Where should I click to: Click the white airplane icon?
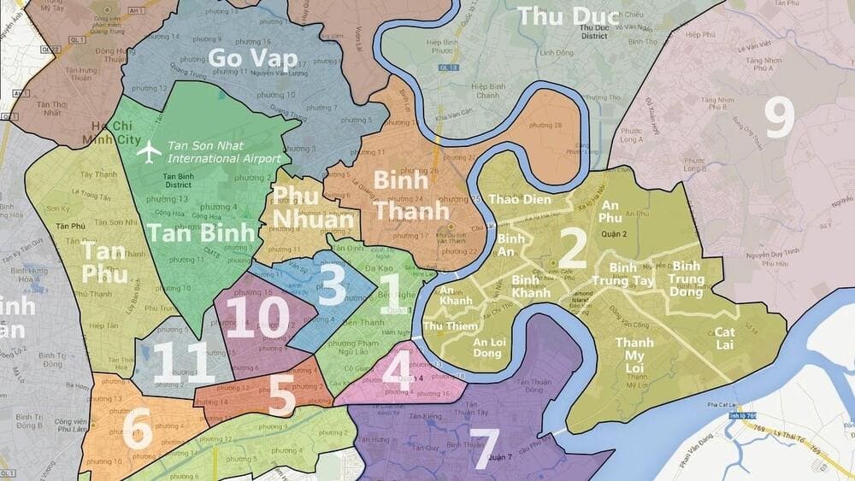150,152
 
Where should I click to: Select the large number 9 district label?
778,119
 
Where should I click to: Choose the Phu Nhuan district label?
312,207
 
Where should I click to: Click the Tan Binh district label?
202,232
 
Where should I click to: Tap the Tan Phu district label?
105,262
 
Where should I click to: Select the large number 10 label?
261,317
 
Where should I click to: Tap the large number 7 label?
485,444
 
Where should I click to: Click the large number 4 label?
396,370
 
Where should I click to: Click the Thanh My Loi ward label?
635,356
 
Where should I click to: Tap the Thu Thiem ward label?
445,326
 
